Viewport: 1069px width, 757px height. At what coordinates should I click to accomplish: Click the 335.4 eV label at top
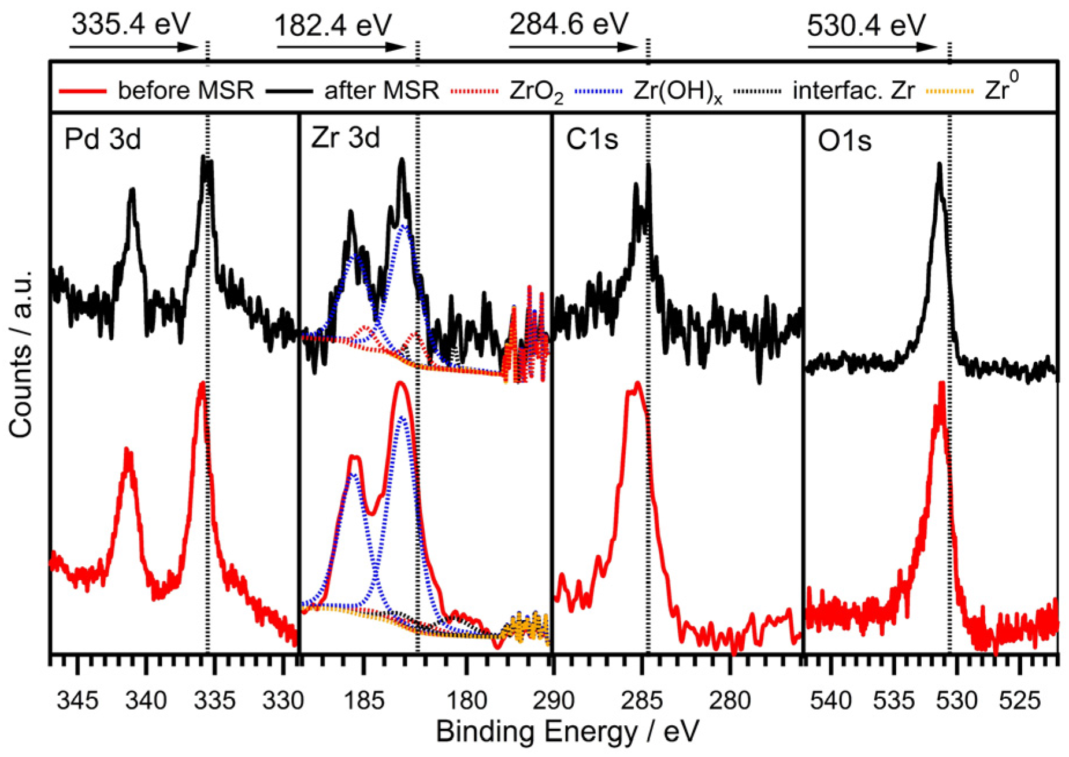tap(131, 24)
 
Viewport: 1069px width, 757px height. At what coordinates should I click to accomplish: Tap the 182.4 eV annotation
tap(333, 26)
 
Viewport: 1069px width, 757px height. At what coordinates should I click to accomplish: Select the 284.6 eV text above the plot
tap(568, 25)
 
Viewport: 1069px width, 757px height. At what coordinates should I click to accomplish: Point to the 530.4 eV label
tap(866, 26)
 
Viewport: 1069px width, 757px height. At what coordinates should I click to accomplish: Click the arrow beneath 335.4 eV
tap(133, 46)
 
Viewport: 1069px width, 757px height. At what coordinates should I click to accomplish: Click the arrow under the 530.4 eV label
tap(871, 46)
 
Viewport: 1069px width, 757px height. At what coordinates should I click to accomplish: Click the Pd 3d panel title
tap(102, 139)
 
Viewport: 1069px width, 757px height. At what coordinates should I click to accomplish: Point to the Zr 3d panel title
tap(345, 138)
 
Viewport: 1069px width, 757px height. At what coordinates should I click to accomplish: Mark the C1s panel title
tap(592, 139)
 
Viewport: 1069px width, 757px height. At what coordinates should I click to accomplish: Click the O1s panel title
tap(844, 141)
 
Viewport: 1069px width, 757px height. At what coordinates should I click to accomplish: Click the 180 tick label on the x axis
tap(467, 701)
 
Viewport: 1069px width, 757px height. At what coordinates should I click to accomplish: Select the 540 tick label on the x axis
tap(830, 701)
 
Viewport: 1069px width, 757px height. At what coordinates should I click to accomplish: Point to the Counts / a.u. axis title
tap(21, 352)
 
